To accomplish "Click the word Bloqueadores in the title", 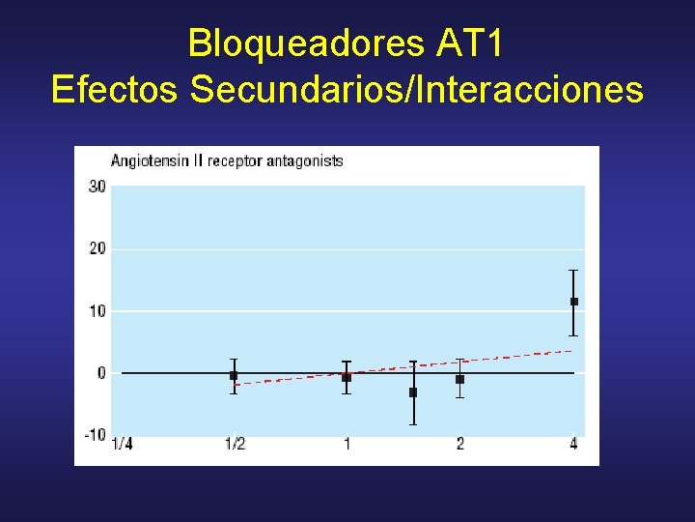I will point(300,43).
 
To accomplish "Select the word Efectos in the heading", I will point(116,89).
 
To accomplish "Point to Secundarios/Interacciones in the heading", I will point(417,89).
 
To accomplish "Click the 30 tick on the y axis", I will point(97,187).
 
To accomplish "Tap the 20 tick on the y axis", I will point(97,249).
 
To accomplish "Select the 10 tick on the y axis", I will point(97,311).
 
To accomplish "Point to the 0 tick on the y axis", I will point(101,373).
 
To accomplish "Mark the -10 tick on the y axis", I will point(95,435).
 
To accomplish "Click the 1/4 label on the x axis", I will point(123,444).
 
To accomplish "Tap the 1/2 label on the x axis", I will point(235,444).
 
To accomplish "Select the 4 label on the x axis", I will point(573,444).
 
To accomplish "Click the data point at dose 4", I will point(574,302).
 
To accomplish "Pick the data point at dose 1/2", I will point(234,375).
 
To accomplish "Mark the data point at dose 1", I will point(347,377).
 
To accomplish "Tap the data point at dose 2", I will point(460,379).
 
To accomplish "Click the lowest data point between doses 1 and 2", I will point(413,392).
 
